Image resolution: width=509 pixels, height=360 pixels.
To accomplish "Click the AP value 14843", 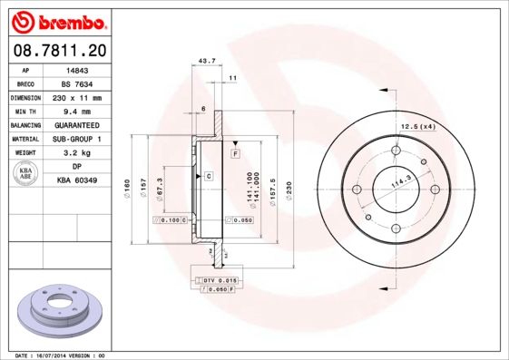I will (76, 70).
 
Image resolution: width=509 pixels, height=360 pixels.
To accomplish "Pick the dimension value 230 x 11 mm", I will (76, 98).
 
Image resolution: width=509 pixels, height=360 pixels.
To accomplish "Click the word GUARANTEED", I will (76, 125).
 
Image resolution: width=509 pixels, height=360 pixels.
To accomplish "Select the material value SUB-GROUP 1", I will (76, 139).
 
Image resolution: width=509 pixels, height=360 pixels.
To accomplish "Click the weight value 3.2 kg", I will (76, 153).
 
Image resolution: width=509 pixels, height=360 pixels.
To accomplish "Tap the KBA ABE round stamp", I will (26, 174).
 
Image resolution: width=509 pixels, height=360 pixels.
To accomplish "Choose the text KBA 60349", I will (76, 180).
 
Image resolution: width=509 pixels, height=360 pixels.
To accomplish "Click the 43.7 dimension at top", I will (206, 61).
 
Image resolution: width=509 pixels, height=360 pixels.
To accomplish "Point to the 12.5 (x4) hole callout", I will (418, 125).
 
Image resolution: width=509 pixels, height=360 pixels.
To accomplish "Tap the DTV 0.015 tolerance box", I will (218, 280).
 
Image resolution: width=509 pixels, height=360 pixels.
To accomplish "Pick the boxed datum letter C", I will (208, 175).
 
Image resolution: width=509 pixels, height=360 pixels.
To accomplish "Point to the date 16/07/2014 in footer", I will (69, 355).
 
